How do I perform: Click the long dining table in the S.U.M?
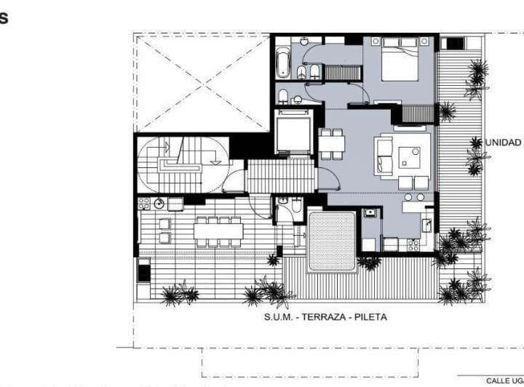218,231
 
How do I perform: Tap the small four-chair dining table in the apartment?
332,143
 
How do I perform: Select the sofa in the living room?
385,156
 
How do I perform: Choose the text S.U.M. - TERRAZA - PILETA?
325,317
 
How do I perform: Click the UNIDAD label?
503,143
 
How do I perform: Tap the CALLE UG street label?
504,380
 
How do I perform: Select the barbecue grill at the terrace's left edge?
144,272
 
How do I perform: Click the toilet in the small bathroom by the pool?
294,210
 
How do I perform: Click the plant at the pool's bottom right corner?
369,262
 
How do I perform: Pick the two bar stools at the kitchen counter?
414,196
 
